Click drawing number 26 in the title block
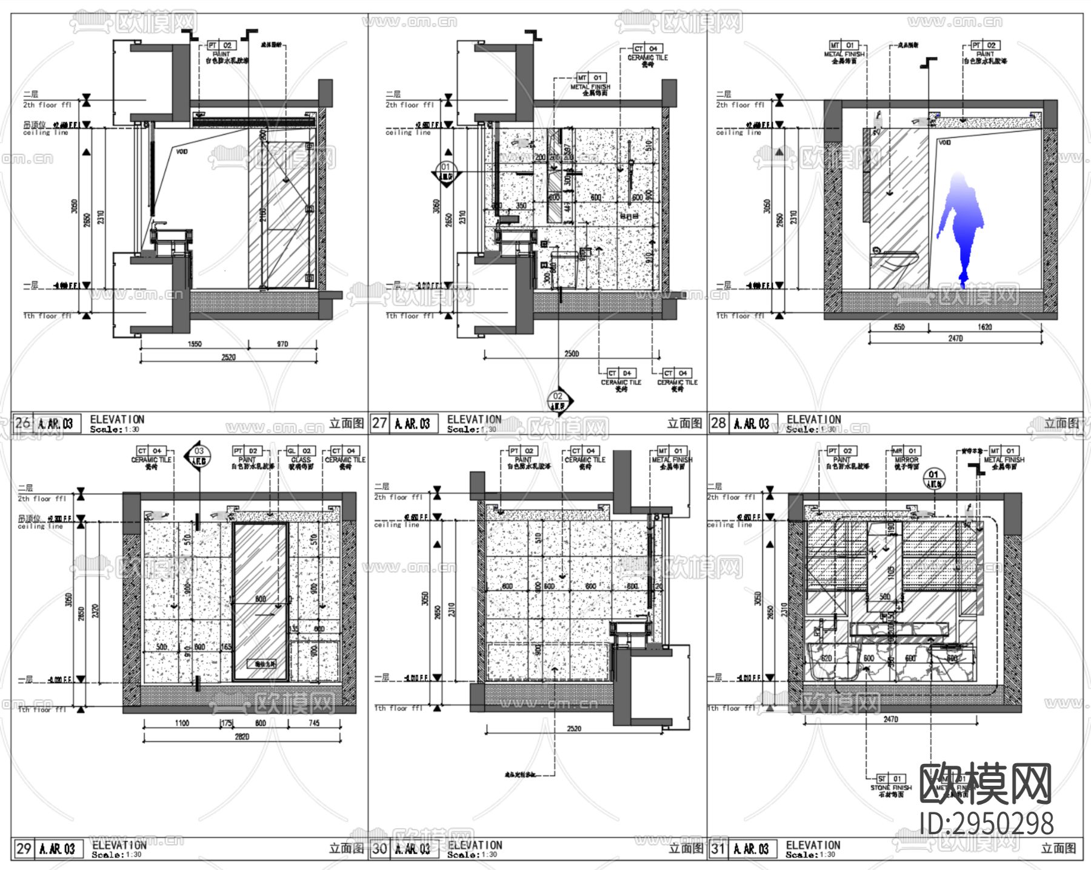pos(23,423)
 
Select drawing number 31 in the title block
pos(718,848)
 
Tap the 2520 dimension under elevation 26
pos(228,357)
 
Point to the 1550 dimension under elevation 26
pos(195,344)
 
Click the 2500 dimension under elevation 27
pos(571,353)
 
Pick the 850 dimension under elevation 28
pos(899,327)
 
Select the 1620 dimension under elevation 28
pos(984,327)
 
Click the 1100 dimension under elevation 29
pos(181,723)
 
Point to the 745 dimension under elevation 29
pos(313,723)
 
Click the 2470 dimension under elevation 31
pos(890,719)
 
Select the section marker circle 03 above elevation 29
pos(199,451)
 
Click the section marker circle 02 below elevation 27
pos(558,397)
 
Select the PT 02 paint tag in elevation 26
pos(221,45)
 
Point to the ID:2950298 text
pos(986,823)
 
